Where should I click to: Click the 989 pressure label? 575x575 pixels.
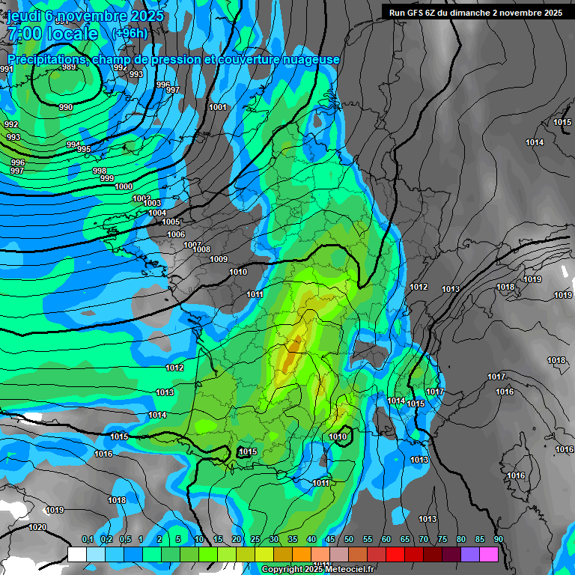pos(69,67)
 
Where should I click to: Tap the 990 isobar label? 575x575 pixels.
pos(66,107)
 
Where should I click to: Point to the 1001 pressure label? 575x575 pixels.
pos(218,107)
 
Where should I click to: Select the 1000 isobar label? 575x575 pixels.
pos(124,186)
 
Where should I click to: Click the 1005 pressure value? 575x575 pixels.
pos(171,222)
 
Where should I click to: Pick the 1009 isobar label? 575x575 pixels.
pos(219,259)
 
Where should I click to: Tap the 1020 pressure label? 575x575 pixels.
pos(37,527)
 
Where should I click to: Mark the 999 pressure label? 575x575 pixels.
pos(107,178)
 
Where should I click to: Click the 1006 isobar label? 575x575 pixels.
pos(176,234)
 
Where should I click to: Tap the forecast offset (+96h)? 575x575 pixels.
pos(130,34)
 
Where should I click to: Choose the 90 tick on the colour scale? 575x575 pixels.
pos(499,540)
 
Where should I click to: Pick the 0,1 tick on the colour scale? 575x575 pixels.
pos(87,540)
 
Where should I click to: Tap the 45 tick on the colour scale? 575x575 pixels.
pos(330,540)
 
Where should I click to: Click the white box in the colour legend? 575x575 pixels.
pos(77,554)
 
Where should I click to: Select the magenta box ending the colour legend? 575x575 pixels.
pos(489,554)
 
